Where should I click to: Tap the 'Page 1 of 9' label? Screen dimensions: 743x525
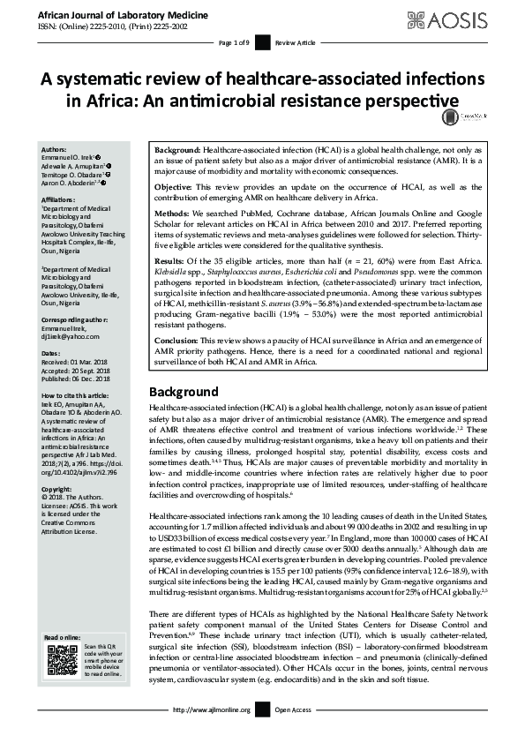coord(236,42)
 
